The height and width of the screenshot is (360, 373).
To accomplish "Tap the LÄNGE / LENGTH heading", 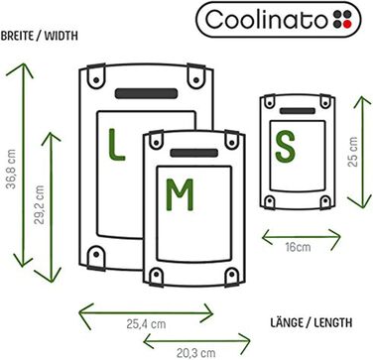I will [x=316, y=323].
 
